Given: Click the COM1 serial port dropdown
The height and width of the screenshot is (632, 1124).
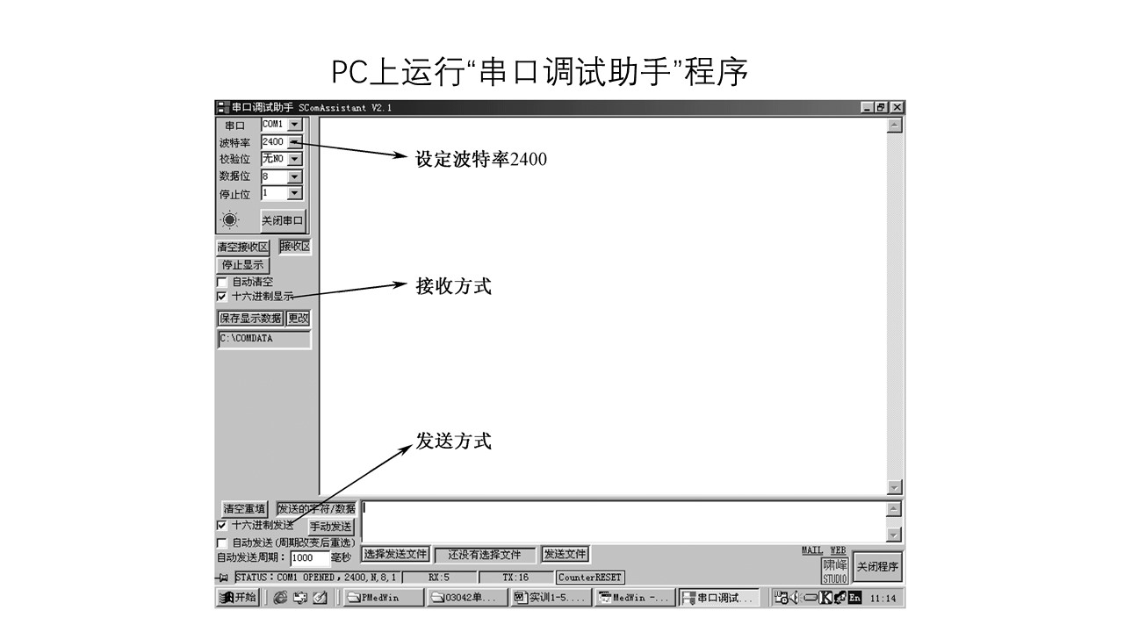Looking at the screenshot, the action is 281,125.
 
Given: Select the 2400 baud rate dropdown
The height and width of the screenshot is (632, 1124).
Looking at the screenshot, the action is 281,141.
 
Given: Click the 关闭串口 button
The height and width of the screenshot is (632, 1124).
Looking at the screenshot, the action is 283,221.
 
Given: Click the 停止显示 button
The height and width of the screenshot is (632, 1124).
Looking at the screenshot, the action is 243,264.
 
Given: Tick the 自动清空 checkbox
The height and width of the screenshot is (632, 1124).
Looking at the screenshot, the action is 221,282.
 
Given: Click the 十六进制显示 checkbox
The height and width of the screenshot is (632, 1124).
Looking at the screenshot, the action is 221,297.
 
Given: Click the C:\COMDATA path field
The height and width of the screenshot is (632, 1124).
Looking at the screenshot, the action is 263,339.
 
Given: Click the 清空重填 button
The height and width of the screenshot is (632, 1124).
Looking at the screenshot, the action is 244,508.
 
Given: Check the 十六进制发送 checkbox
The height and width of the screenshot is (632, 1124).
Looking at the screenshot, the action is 221,525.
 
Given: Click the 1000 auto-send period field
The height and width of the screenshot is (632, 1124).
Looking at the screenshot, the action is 309,557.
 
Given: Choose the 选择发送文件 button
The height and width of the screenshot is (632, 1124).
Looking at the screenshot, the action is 395,554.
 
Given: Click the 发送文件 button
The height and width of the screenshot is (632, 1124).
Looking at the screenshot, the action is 565,554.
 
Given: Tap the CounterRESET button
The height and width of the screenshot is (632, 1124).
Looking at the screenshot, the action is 590,578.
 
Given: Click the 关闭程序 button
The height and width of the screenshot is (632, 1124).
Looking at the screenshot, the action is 877,567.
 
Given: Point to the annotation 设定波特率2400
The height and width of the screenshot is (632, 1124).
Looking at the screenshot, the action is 481,160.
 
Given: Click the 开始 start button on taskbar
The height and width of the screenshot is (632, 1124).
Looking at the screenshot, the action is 238,598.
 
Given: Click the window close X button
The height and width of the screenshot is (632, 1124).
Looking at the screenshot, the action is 897,107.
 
